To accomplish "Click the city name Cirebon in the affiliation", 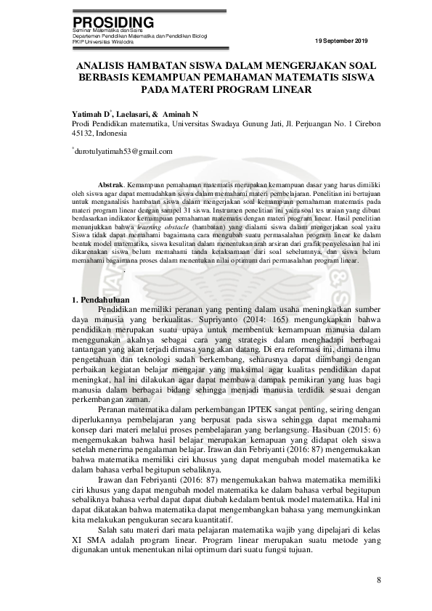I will pyautogui.click(x=364, y=123).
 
